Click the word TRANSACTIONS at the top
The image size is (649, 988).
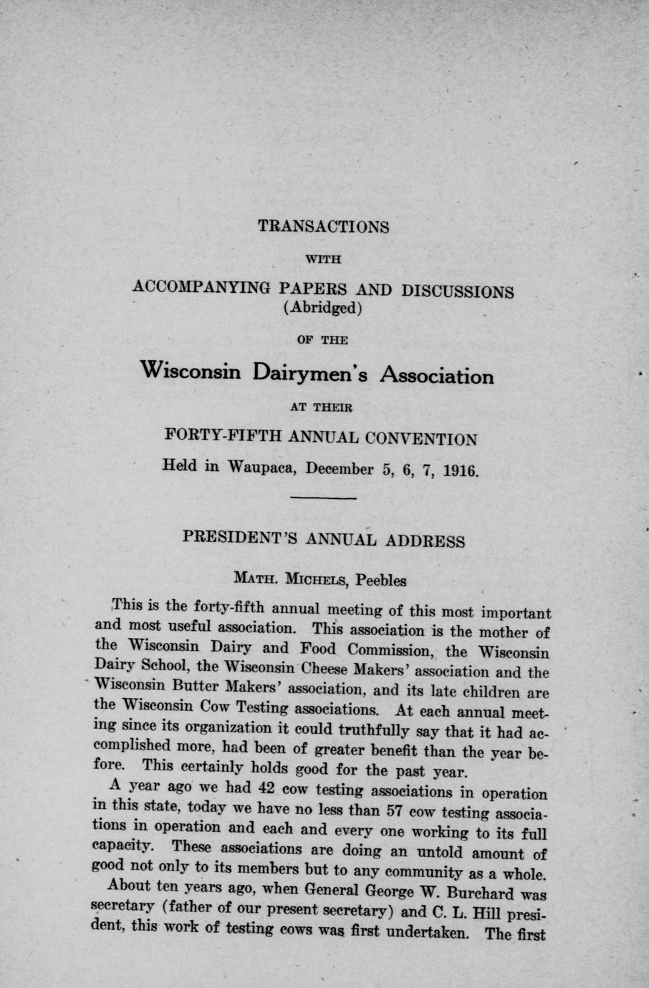pos(323,227)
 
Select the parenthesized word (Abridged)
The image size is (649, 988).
pos(324,309)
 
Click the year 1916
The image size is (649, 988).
pos(453,472)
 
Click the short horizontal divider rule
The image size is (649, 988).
pos(324,498)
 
